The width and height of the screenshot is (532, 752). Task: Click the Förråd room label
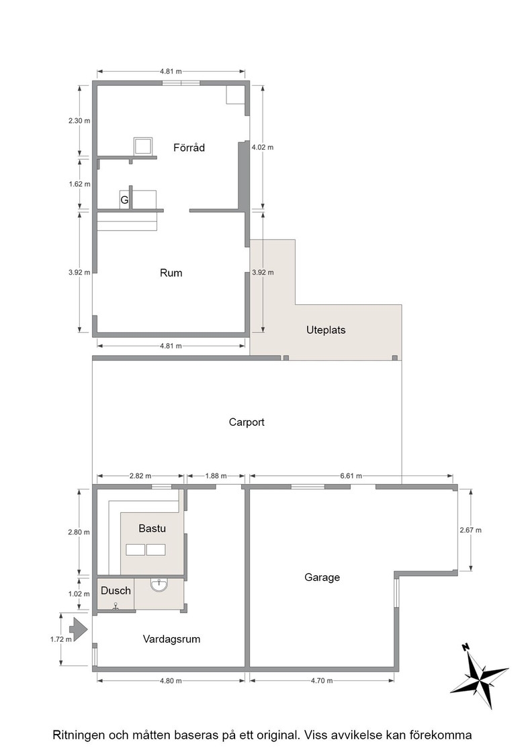tap(189, 148)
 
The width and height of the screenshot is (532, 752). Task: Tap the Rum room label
tap(171, 273)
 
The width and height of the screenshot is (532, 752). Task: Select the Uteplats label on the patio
tap(326, 330)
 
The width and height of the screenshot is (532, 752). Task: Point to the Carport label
tap(247, 422)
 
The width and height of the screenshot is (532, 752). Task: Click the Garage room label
tap(322, 577)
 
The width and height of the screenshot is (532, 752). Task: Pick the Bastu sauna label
tap(152, 528)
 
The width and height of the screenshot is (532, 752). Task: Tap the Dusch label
tap(116, 590)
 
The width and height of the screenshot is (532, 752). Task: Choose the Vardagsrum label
tap(171, 639)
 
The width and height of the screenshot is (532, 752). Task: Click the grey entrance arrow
tap(78, 628)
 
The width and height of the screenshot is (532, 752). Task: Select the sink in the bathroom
tap(159, 585)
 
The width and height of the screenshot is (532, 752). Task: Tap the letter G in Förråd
tap(124, 200)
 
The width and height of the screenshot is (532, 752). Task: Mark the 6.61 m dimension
tap(351, 476)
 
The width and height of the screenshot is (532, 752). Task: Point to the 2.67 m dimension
tap(471, 530)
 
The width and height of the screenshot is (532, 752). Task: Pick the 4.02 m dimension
tap(263, 147)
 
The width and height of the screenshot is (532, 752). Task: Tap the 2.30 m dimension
tap(79, 121)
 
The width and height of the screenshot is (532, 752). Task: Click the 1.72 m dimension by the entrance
tap(61, 639)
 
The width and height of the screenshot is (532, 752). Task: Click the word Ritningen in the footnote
tap(78, 735)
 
